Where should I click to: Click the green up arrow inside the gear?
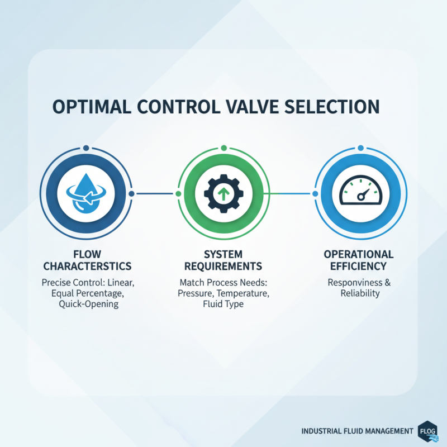(x=223, y=194)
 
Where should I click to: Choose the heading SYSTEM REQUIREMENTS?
(x=223, y=259)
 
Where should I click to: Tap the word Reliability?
(x=360, y=294)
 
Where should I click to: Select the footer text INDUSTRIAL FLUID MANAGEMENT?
(x=357, y=431)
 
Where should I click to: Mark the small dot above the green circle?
(x=223, y=148)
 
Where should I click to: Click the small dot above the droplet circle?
(x=86, y=148)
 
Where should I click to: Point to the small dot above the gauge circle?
(x=360, y=148)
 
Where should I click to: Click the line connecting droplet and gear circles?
(x=154, y=194)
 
